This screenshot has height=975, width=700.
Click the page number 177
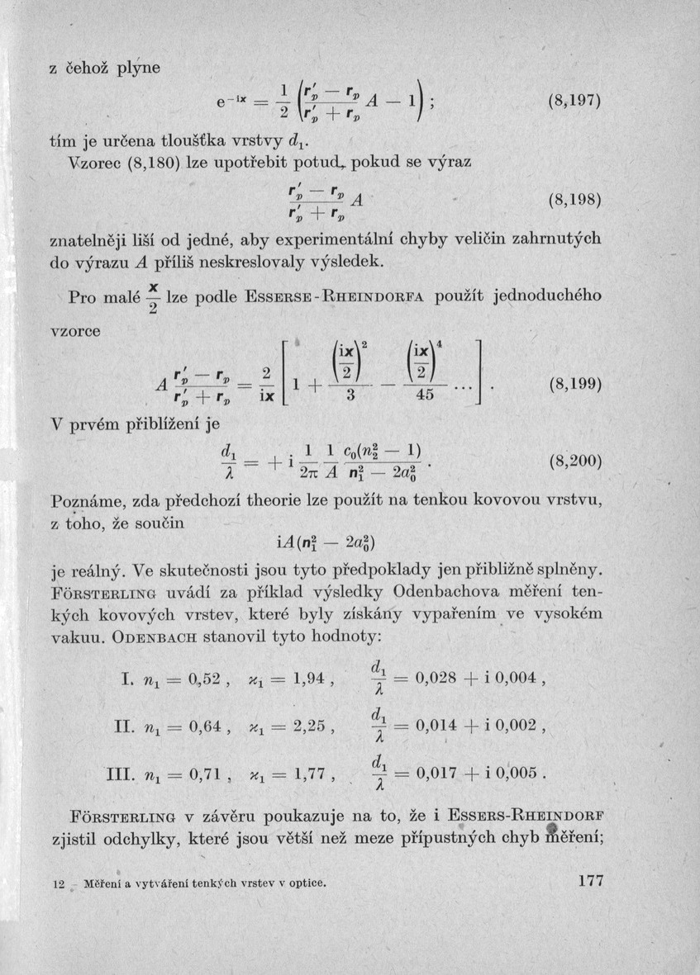pyautogui.click(x=593, y=881)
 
